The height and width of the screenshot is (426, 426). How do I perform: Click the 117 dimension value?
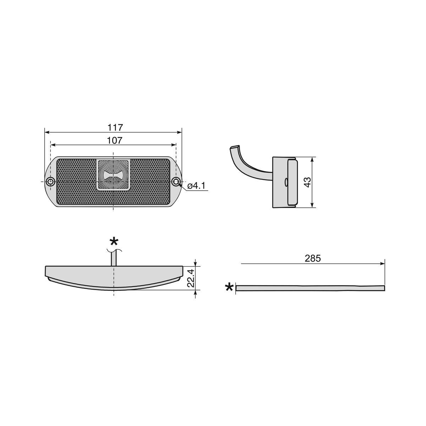(x=115, y=127)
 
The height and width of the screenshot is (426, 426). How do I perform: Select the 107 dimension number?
(x=115, y=140)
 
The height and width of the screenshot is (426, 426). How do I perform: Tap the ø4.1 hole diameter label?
(x=196, y=186)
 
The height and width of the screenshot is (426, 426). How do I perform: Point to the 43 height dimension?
(x=307, y=182)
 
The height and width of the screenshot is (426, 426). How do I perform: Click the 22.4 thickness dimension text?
(x=191, y=278)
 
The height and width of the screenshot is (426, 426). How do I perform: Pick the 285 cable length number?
(x=313, y=258)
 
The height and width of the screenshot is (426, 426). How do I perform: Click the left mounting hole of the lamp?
(x=50, y=182)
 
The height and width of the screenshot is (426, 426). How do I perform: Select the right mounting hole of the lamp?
(x=176, y=182)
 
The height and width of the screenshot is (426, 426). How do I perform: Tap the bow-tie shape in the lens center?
(x=113, y=175)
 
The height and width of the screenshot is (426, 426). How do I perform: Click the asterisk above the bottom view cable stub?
(x=114, y=241)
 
